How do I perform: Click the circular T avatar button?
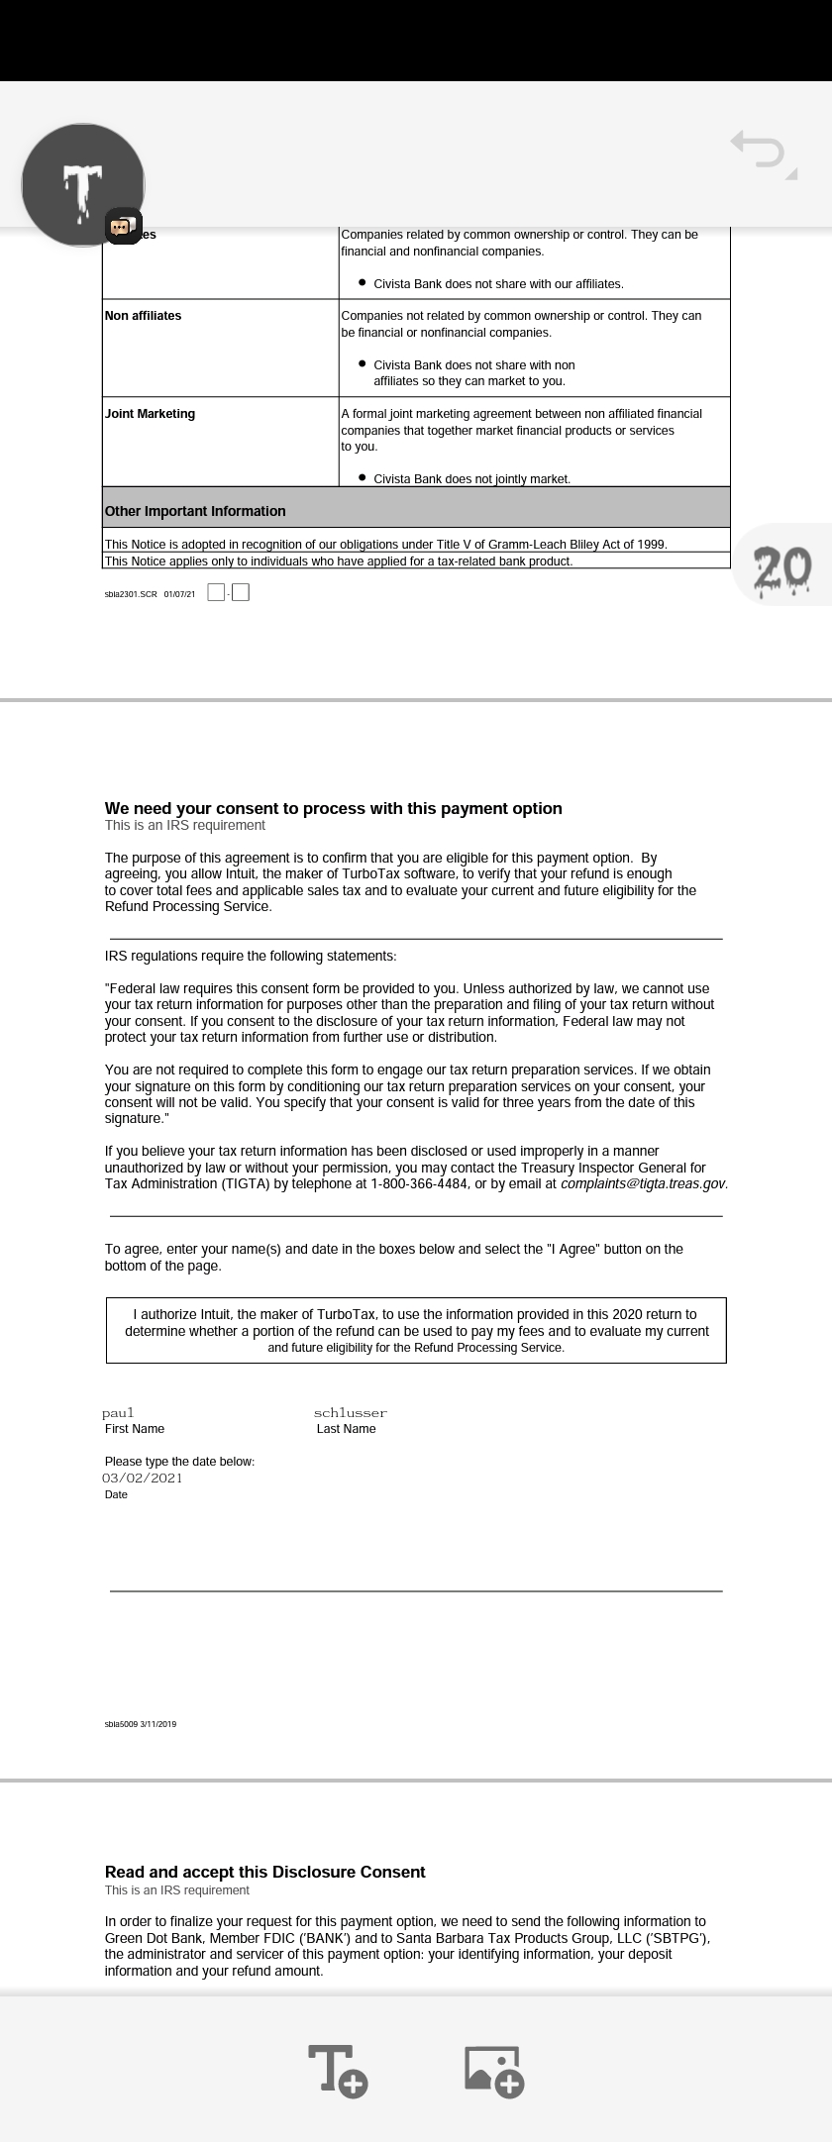tap(83, 184)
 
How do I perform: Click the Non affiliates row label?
tap(144, 316)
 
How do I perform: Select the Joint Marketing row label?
tap(150, 414)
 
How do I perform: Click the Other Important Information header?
tap(195, 511)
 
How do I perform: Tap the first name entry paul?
tap(118, 1412)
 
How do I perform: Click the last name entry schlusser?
tap(350, 1412)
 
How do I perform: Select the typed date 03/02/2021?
tap(143, 1478)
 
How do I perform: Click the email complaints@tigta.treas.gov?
tap(644, 1183)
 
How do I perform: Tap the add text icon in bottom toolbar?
tap(338, 2070)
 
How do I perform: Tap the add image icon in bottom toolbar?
tap(493, 2070)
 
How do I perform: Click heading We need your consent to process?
tap(333, 808)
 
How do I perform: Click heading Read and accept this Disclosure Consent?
tap(264, 1872)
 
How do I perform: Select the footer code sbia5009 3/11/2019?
tap(141, 1724)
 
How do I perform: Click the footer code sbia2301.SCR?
tap(130, 594)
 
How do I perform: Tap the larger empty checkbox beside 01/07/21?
tap(240, 592)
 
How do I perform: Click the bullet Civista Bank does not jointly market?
tap(471, 478)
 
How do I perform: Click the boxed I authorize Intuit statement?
tap(416, 1330)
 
